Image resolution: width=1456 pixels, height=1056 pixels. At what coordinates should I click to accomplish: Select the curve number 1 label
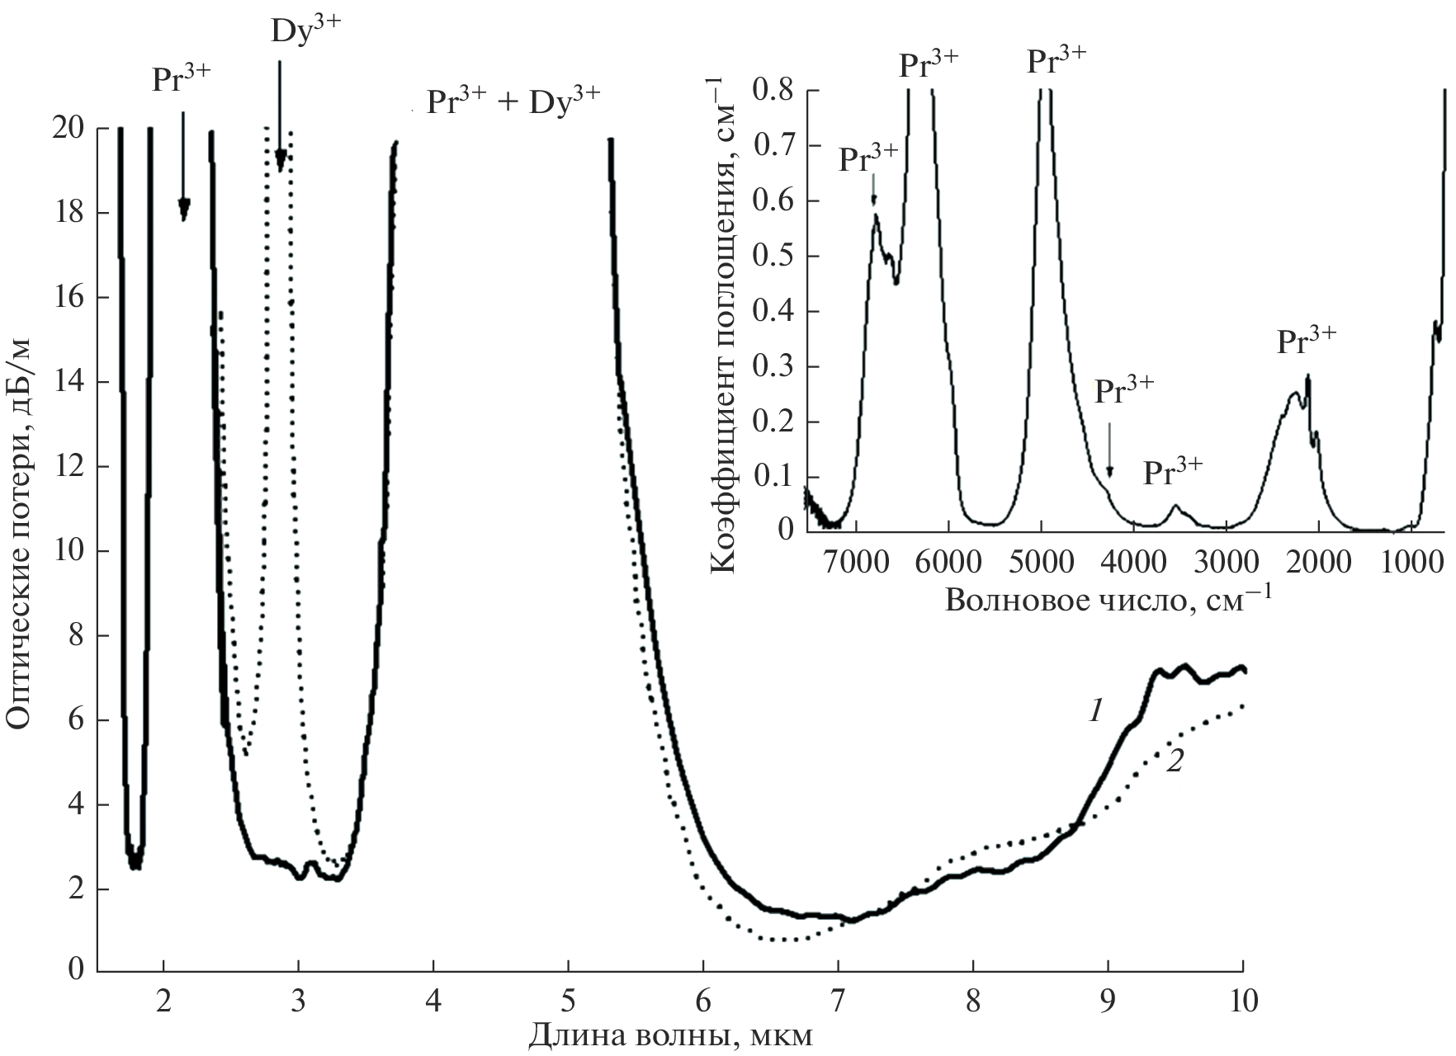pyautogui.click(x=1095, y=710)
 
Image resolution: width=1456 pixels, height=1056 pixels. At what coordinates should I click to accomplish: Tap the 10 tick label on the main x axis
pyautogui.click(x=1242, y=1001)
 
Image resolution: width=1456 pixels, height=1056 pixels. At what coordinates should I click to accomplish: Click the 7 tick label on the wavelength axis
pyautogui.click(x=839, y=1001)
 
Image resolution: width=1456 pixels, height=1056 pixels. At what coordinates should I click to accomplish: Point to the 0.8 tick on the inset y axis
pyautogui.click(x=773, y=90)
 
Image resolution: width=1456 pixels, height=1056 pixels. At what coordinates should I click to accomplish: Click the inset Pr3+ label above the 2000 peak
pyautogui.click(x=1306, y=341)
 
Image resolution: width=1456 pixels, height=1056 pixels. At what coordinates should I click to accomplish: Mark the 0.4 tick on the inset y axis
pyautogui.click(x=773, y=312)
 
